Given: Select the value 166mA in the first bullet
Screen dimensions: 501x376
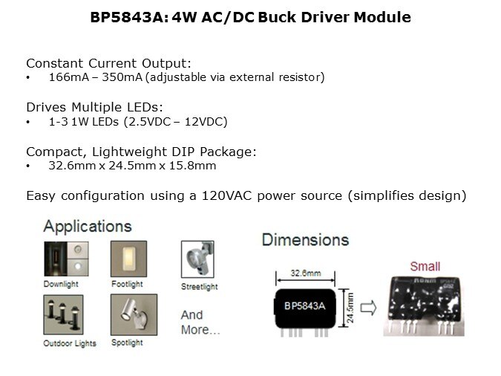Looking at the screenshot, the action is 69,77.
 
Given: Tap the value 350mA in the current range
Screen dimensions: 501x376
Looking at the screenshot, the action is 122,77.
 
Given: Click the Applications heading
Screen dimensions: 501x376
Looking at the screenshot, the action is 88,227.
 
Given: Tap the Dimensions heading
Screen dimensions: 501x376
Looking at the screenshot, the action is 306,240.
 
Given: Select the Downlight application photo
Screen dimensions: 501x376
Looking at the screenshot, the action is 66,259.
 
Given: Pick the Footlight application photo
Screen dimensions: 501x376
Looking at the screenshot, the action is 128,259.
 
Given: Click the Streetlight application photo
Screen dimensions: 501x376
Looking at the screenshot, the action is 197,259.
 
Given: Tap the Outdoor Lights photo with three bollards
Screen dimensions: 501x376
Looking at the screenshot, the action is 63,314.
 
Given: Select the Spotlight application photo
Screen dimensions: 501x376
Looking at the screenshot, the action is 134,314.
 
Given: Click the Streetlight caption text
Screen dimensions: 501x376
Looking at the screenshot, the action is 200,287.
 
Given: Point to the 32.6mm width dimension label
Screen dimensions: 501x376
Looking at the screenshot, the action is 306,273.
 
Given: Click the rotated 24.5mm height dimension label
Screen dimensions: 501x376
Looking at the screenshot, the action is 350,308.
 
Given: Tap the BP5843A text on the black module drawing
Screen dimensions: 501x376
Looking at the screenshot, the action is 305,306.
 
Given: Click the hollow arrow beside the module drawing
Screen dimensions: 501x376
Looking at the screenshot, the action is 368,308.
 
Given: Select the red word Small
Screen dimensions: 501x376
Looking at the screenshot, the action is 425,266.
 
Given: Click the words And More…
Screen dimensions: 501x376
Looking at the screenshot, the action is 200,322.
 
